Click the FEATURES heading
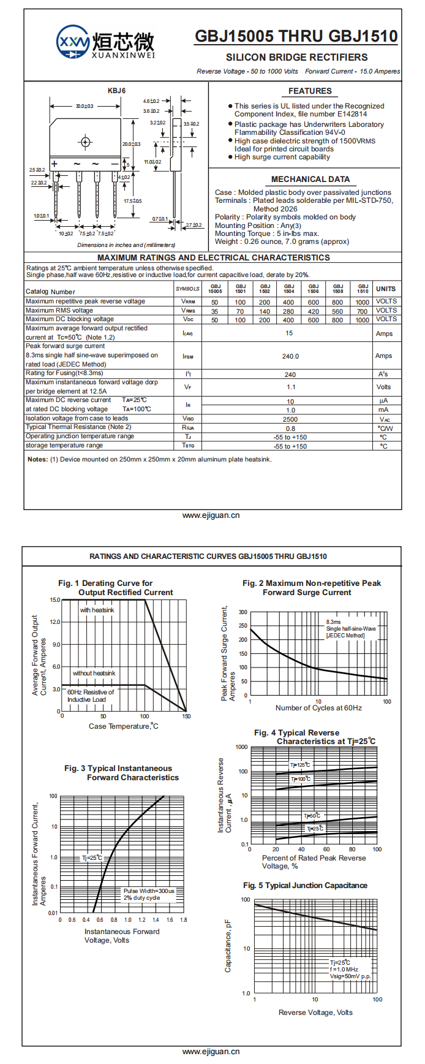coord(310,91)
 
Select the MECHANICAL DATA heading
coord(310,179)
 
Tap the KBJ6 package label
coord(116,91)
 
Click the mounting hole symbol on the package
coord(85,142)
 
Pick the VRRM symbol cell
coord(188,302)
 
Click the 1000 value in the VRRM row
coord(363,302)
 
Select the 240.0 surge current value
coord(290,356)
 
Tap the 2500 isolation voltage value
coord(290,419)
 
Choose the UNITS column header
coord(386,289)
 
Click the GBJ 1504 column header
coord(289,289)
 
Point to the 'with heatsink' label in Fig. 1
coord(97,610)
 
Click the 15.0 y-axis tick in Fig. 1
coord(55,600)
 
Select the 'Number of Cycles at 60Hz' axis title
coord(318,708)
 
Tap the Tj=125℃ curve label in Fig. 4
coord(300,765)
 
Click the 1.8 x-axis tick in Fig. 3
coord(183,919)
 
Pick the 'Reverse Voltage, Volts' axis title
coord(315,1013)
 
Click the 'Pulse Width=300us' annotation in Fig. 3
coord(149,891)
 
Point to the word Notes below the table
coord(37,459)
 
